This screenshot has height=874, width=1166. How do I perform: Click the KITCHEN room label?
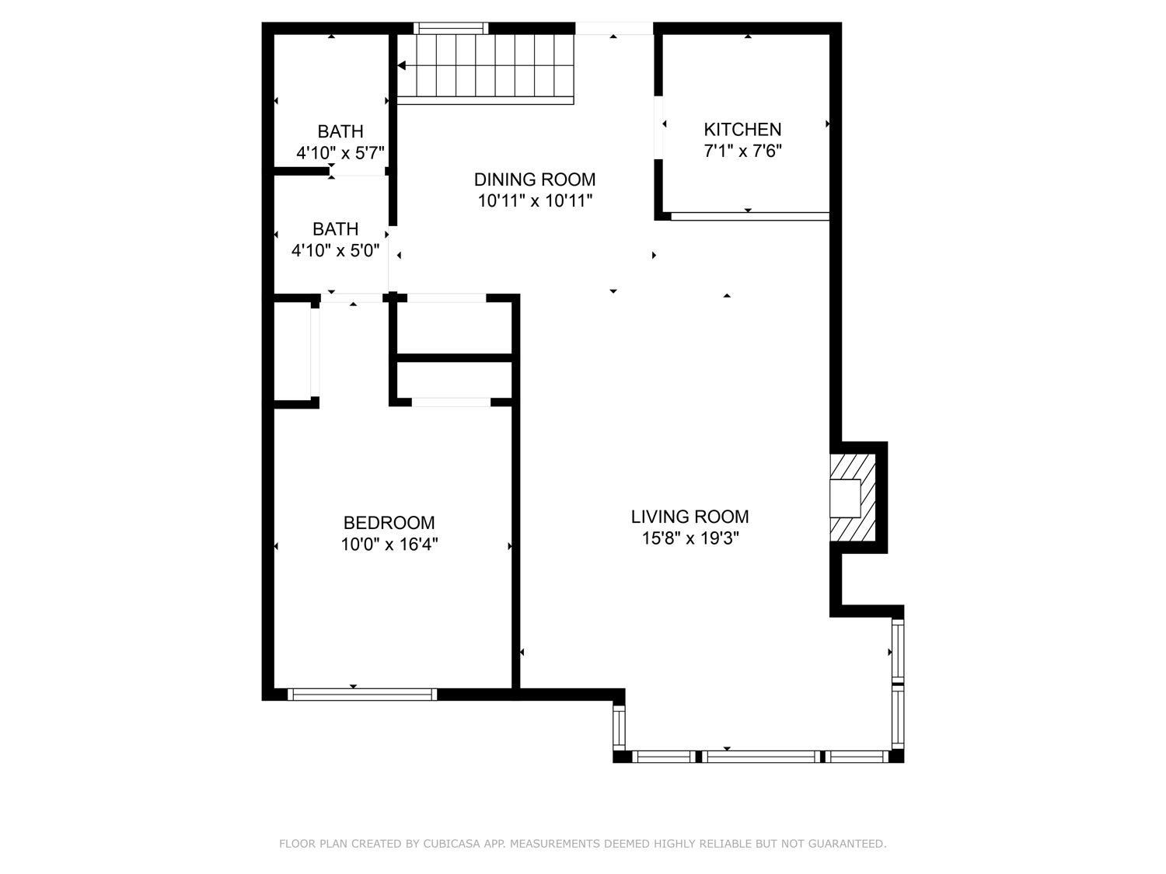[x=742, y=129]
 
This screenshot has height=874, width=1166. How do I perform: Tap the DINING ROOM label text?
[x=535, y=179]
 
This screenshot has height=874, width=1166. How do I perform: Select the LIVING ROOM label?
[x=689, y=517]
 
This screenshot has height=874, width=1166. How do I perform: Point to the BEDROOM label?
[x=389, y=523]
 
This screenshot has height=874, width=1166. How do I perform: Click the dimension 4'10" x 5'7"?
[x=340, y=153]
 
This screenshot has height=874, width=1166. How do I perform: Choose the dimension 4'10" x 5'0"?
[x=335, y=250]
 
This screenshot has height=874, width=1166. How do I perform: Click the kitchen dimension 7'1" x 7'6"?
[x=742, y=151]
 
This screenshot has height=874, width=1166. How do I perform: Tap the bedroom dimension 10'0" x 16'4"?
[x=389, y=545]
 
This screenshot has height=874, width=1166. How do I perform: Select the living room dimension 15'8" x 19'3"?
[x=689, y=538]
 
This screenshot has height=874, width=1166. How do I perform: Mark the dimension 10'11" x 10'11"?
[x=535, y=201]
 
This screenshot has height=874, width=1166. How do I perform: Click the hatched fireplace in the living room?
[x=853, y=498]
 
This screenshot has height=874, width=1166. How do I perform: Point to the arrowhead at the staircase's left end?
[x=402, y=66]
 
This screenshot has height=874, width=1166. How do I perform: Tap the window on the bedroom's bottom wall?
[x=362, y=695]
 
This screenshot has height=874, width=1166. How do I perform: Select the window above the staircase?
[x=451, y=29]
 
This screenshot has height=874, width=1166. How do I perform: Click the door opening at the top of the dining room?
[x=614, y=29]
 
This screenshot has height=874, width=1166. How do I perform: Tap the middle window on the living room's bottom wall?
[x=762, y=756]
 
